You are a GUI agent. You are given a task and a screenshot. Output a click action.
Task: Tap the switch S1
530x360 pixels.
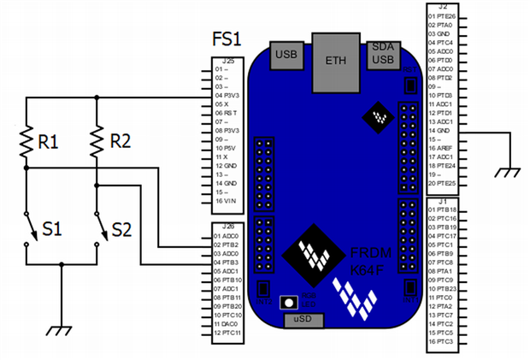pos(29,228)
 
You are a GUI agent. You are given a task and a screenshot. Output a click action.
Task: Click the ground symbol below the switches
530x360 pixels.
pos(62,328)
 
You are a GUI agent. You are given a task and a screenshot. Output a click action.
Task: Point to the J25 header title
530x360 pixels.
pos(228,62)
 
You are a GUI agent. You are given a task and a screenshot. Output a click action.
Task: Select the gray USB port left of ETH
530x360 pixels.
pos(285,54)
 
